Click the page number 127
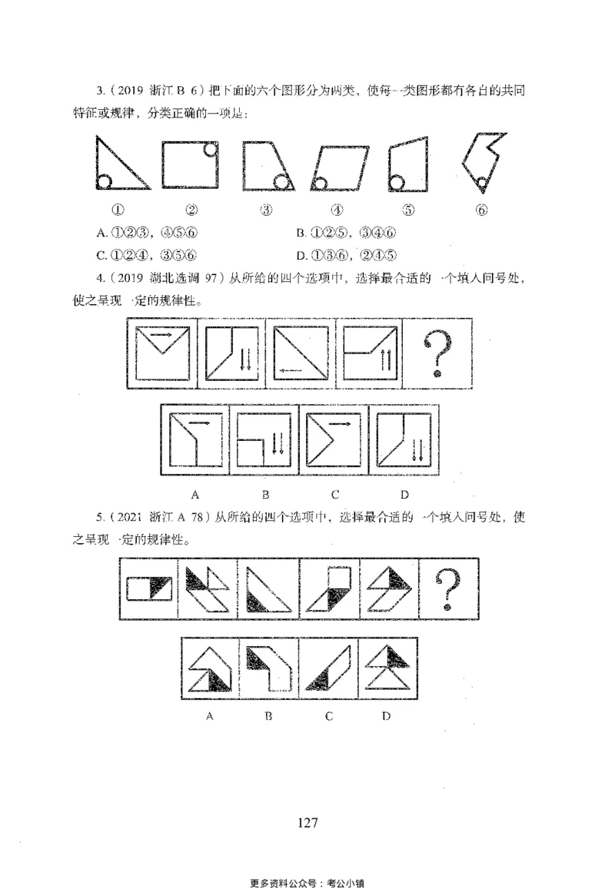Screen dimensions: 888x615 pos(307,823)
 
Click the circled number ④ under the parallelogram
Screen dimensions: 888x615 pos(336,210)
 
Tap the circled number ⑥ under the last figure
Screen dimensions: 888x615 pos(482,210)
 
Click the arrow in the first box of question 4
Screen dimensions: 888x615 pos(162,335)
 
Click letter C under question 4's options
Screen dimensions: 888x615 pos(334,494)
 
